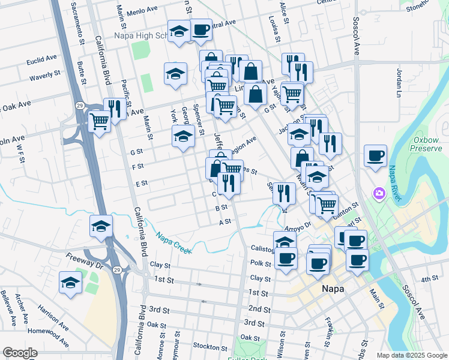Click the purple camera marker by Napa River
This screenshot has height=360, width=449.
379,193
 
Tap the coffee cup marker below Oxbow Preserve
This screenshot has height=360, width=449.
375,157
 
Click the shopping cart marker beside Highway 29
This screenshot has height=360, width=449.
100,121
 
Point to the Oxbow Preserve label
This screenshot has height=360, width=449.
427,144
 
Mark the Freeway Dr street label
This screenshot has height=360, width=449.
86,259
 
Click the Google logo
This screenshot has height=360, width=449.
20,353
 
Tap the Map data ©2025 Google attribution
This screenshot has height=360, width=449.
411,355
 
